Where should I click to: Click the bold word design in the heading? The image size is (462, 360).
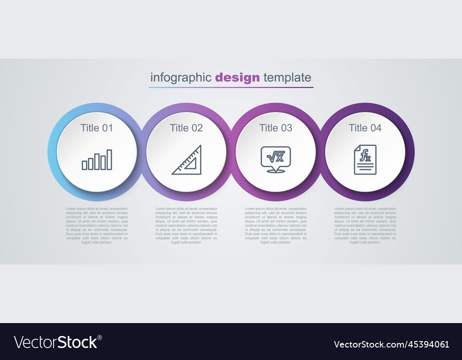237,78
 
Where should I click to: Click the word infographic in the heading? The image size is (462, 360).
181,78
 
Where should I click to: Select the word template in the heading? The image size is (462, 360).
287,78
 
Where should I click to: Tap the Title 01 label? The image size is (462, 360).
97,128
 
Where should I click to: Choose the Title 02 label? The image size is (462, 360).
186,128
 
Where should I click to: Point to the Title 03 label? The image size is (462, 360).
276,128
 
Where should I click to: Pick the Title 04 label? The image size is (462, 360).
365,128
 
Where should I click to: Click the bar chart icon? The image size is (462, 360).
97,159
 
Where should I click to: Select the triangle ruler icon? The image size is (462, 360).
187,160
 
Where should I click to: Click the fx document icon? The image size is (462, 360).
365,160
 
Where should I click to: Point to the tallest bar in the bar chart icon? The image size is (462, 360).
109,159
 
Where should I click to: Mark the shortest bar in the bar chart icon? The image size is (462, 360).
85,165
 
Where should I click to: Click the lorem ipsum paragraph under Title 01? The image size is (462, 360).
97,225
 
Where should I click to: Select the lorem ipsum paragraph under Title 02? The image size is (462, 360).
186,225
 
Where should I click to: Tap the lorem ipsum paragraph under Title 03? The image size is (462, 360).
276,225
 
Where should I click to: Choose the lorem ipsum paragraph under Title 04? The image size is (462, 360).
365,225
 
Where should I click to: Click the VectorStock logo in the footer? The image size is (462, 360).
58,342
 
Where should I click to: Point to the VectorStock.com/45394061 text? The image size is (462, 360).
391,344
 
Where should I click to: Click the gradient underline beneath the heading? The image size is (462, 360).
231,87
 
